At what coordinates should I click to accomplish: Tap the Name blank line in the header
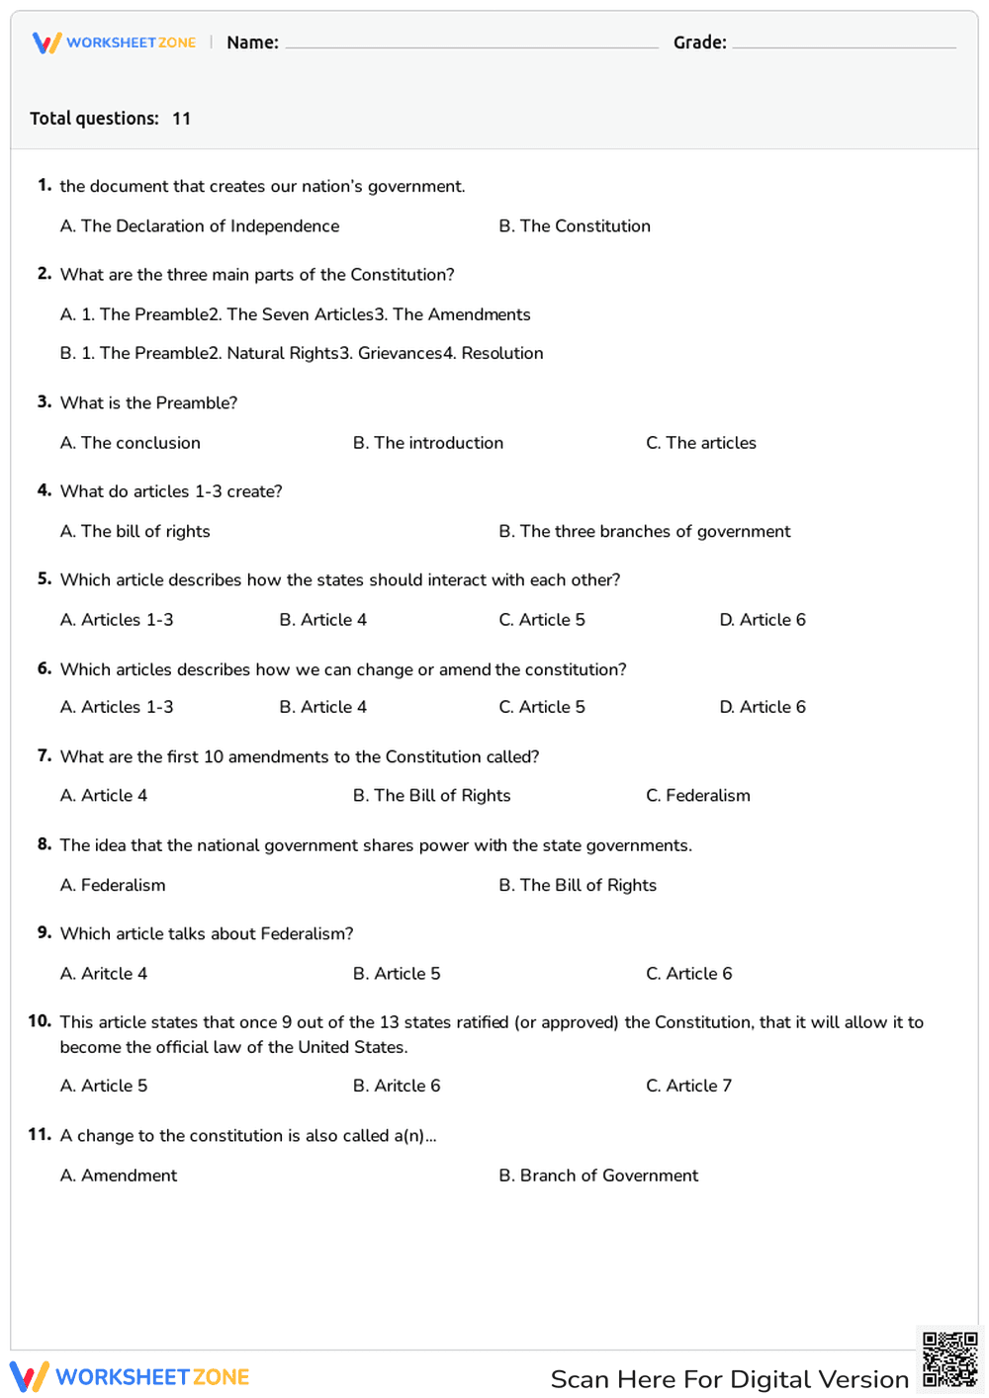tap(471, 44)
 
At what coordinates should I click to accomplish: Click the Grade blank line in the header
tap(844, 44)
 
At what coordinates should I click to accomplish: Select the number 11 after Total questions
tap(181, 119)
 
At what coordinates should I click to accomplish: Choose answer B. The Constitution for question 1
tap(575, 226)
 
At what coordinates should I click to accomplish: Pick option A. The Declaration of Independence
tap(200, 226)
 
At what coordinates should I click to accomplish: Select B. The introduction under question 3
tap(428, 443)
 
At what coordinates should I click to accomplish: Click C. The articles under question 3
tap(701, 443)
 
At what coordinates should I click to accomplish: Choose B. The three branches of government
tap(645, 532)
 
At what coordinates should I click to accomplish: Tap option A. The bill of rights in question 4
tap(135, 532)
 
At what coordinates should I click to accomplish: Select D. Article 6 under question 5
tap(763, 620)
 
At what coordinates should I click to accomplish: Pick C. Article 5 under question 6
tap(542, 707)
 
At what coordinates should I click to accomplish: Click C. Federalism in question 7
tap(698, 796)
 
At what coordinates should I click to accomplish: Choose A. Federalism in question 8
tap(113, 885)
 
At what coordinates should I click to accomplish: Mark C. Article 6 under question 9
tap(689, 974)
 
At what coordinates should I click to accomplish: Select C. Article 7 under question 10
tap(689, 1086)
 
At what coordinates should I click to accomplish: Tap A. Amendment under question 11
tap(119, 1176)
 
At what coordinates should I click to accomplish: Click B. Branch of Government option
tap(598, 1176)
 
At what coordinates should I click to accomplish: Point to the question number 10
tap(40, 1021)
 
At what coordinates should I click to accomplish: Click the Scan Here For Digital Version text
tap(729, 1379)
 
